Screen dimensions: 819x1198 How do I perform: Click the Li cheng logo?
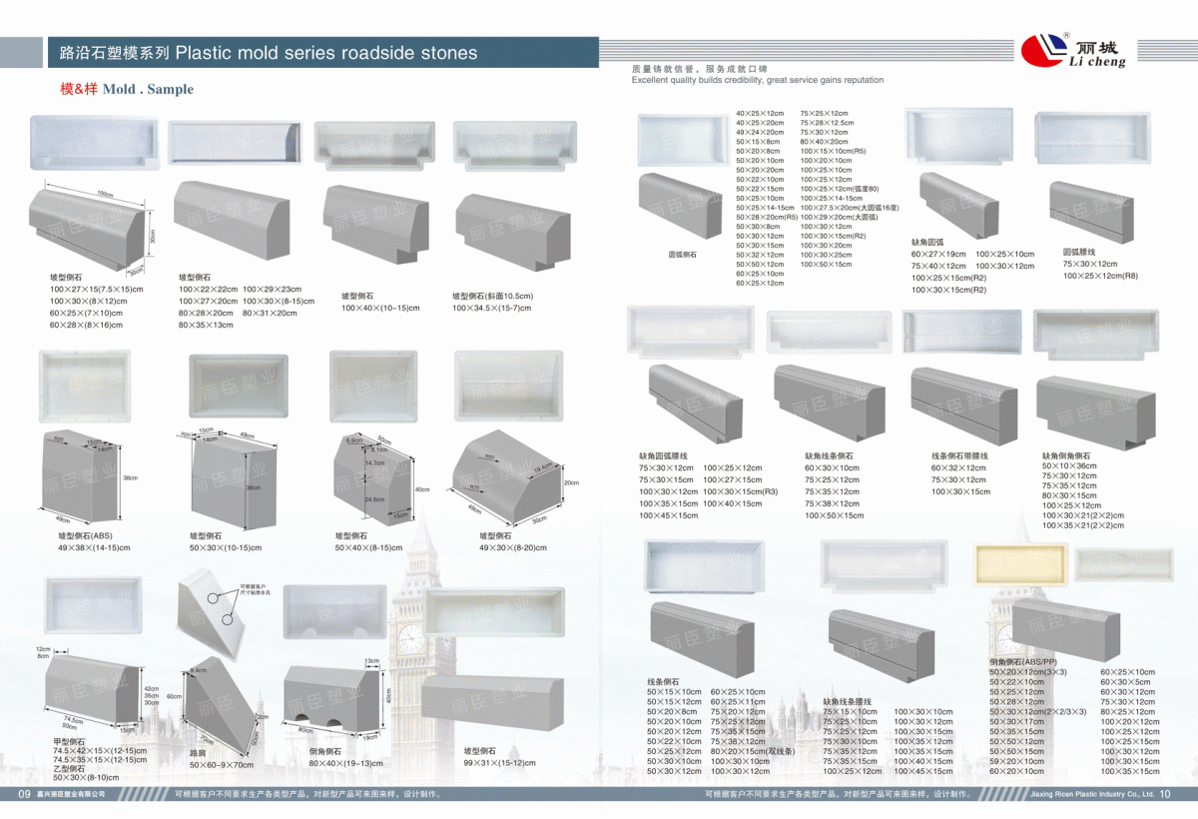tap(1074, 51)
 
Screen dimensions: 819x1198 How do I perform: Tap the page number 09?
tap(25, 794)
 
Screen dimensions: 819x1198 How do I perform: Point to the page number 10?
tap(1164, 794)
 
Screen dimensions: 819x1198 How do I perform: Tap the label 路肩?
tap(198, 752)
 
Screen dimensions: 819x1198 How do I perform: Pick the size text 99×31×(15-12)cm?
tap(499, 764)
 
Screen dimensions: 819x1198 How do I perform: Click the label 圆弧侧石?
tap(682, 255)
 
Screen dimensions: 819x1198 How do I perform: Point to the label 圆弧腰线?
tap(1079, 252)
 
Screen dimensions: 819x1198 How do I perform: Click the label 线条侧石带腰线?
tap(959, 455)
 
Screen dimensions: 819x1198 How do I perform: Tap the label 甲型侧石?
tap(69, 742)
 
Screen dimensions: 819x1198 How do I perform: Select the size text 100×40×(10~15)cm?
tap(380, 308)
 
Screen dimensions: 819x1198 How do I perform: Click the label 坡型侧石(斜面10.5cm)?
tap(492, 296)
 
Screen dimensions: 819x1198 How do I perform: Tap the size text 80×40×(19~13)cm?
tap(345, 764)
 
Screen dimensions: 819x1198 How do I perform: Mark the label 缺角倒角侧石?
tap(1066, 455)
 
